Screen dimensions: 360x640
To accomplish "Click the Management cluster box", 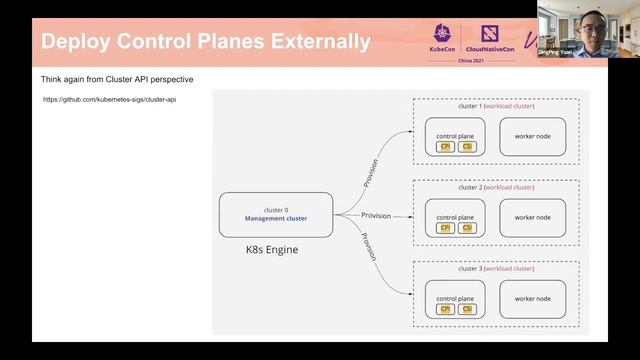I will pos(276,215).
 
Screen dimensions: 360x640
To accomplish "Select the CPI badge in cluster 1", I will pos(447,147).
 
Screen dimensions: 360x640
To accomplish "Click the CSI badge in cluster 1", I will pos(467,147).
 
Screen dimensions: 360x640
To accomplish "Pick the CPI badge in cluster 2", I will pos(447,229).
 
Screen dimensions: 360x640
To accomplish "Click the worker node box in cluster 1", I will pos(532,135).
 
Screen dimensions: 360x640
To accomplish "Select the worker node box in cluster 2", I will pos(532,217).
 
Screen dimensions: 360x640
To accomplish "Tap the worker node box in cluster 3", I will pos(532,299).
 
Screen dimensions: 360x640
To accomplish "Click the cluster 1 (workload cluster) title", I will pos(496,105).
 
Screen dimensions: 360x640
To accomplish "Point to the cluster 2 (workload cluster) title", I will pos(496,187).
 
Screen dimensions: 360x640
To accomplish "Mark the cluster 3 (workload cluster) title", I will pos(496,269).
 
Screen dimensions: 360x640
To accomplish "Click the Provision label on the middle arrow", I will pos(376,215).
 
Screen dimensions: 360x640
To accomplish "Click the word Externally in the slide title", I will pos(305,42).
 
